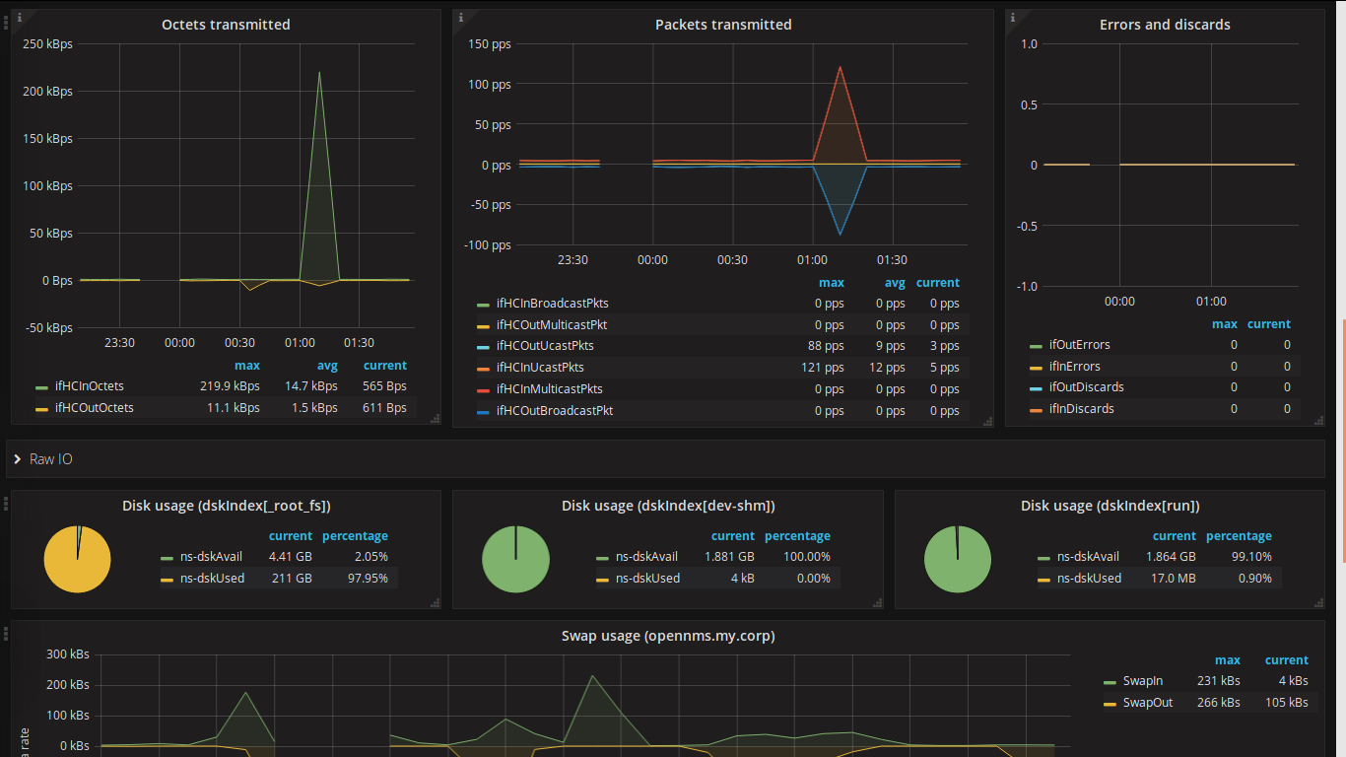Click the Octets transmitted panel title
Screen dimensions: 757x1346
click(x=226, y=25)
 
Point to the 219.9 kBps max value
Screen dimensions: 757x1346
click(x=230, y=386)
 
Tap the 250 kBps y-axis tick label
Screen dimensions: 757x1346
click(x=47, y=44)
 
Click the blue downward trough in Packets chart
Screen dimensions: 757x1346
click(x=840, y=232)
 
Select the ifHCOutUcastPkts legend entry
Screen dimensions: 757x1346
click(x=545, y=346)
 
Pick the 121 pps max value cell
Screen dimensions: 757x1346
click(x=826, y=368)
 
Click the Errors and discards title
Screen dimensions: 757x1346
click(x=1165, y=25)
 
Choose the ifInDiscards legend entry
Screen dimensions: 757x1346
click(x=1081, y=409)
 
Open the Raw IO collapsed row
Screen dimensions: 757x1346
click(x=49, y=459)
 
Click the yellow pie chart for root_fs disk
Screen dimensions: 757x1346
click(x=77, y=560)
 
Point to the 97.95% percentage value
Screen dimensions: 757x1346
click(x=367, y=579)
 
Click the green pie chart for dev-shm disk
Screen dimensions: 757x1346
click(x=515, y=560)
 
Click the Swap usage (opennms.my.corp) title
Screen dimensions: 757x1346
click(x=668, y=636)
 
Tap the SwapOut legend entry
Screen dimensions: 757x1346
click(x=1147, y=703)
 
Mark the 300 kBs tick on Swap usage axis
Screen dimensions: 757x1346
click(x=68, y=654)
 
